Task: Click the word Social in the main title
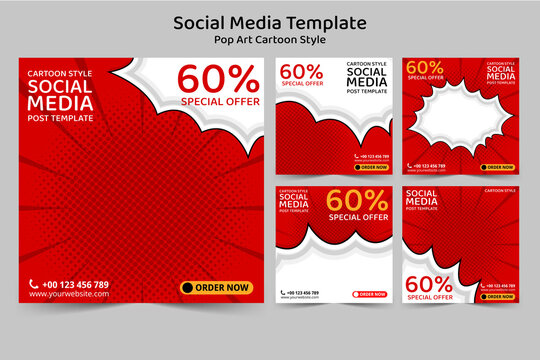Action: [202, 22]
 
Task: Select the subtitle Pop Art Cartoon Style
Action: [270, 40]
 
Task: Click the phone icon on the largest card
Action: [34, 285]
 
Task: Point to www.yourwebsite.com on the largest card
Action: [68, 295]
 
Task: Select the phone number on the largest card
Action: [76, 285]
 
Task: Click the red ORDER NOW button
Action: [371, 294]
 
